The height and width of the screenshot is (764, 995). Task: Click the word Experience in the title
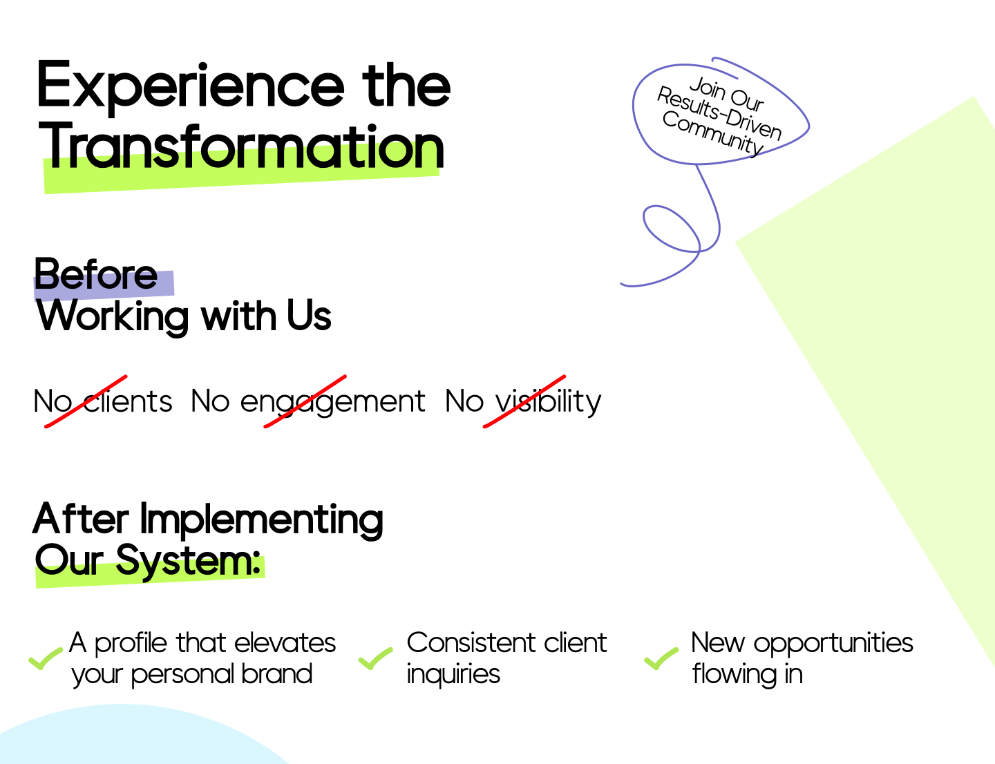tap(191, 87)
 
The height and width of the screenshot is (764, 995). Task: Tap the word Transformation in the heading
tap(242, 146)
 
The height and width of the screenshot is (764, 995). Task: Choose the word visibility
tap(548, 402)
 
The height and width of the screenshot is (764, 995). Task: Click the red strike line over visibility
tap(524, 401)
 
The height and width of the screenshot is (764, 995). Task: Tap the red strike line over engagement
tap(305, 401)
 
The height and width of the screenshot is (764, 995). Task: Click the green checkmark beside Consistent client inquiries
tap(375, 659)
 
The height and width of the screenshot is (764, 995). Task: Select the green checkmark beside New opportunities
tap(661, 659)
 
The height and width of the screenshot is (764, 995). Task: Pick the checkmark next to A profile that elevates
tap(46, 659)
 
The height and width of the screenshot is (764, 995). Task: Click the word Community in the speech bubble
tap(712, 133)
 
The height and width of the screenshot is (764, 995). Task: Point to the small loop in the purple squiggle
tap(671, 229)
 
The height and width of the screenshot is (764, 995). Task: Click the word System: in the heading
tap(188, 561)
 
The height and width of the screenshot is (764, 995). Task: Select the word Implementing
tap(261, 520)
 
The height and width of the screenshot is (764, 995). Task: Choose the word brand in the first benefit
tap(276, 674)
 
